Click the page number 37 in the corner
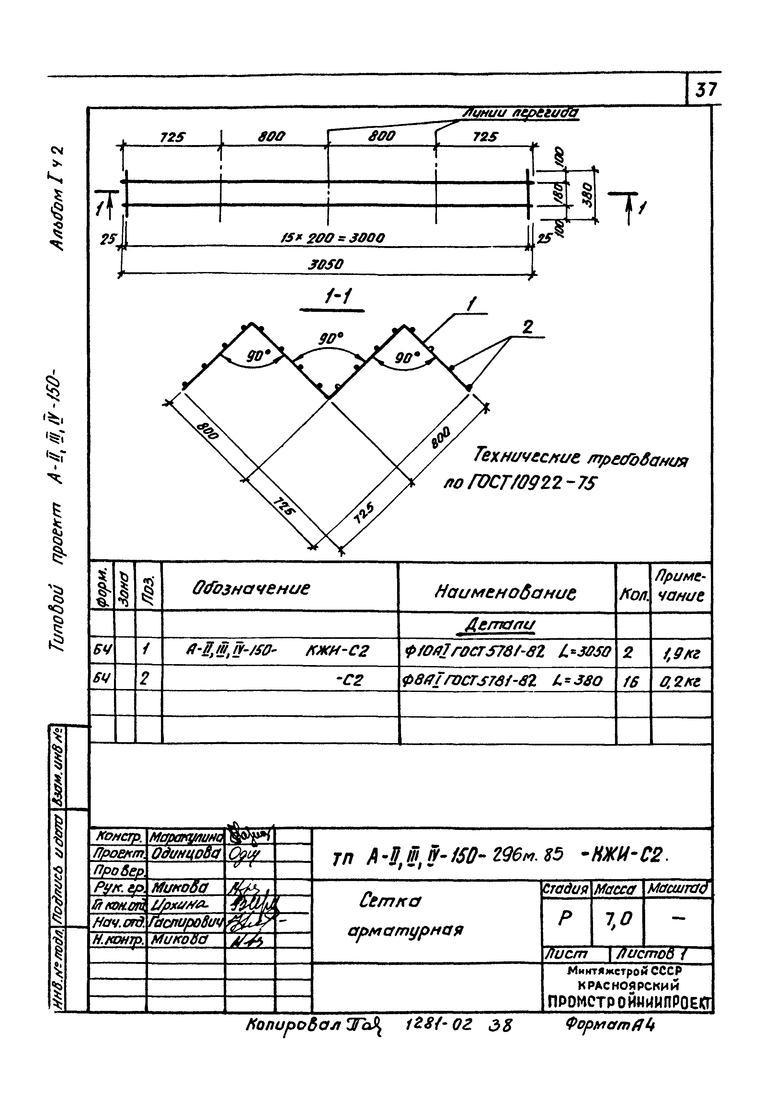pos(705,90)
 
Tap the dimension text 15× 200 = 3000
pos(332,237)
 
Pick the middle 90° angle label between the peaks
pos(330,339)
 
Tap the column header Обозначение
pos(251,588)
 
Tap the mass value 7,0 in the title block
pos(618,919)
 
